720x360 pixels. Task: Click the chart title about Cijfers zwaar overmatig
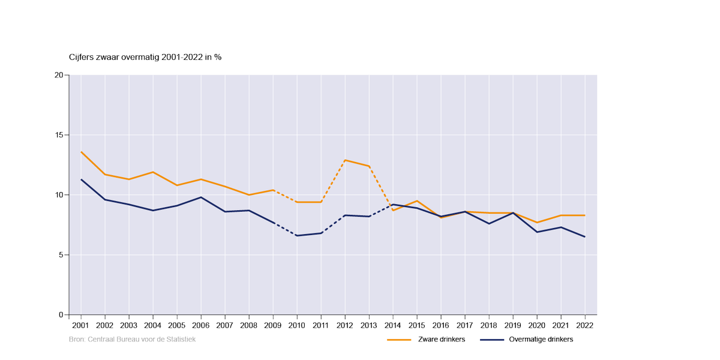click(x=145, y=57)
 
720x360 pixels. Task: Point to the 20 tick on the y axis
click(x=59, y=75)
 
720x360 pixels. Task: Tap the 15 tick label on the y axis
click(x=59, y=135)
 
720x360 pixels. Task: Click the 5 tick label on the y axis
click(x=61, y=255)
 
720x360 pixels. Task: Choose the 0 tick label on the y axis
click(x=61, y=315)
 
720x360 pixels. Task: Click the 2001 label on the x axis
click(x=81, y=325)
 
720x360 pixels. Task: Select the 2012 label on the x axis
click(x=345, y=325)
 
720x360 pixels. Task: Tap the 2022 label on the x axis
click(x=585, y=325)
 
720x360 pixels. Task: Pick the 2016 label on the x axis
click(x=441, y=325)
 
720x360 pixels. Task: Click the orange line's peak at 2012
click(x=345, y=160)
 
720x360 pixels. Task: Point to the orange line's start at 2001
click(x=81, y=152)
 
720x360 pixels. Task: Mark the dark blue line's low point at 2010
click(x=297, y=236)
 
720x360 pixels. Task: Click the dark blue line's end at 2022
click(x=585, y=237)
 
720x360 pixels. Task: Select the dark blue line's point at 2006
click(x=201, y=197)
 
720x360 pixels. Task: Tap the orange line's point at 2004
click(x=153, y=172)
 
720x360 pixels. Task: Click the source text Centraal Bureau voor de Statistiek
click(x=133, y=340)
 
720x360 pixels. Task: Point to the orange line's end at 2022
click(x=585, y=215)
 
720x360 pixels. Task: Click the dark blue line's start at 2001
click(x=81, y=179)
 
